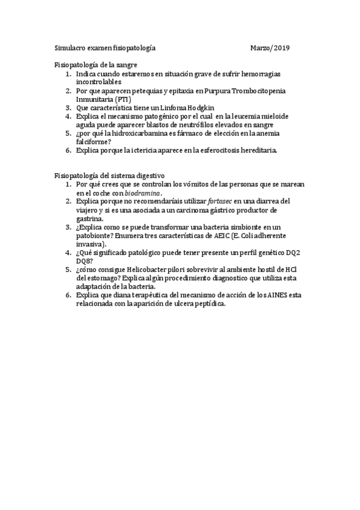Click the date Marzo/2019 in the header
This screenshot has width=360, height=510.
point(270,47)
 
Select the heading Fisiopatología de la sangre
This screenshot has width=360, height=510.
point(96,64)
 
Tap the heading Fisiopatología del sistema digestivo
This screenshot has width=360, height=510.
point(110,175)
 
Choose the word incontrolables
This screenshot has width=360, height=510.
point(99,81)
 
